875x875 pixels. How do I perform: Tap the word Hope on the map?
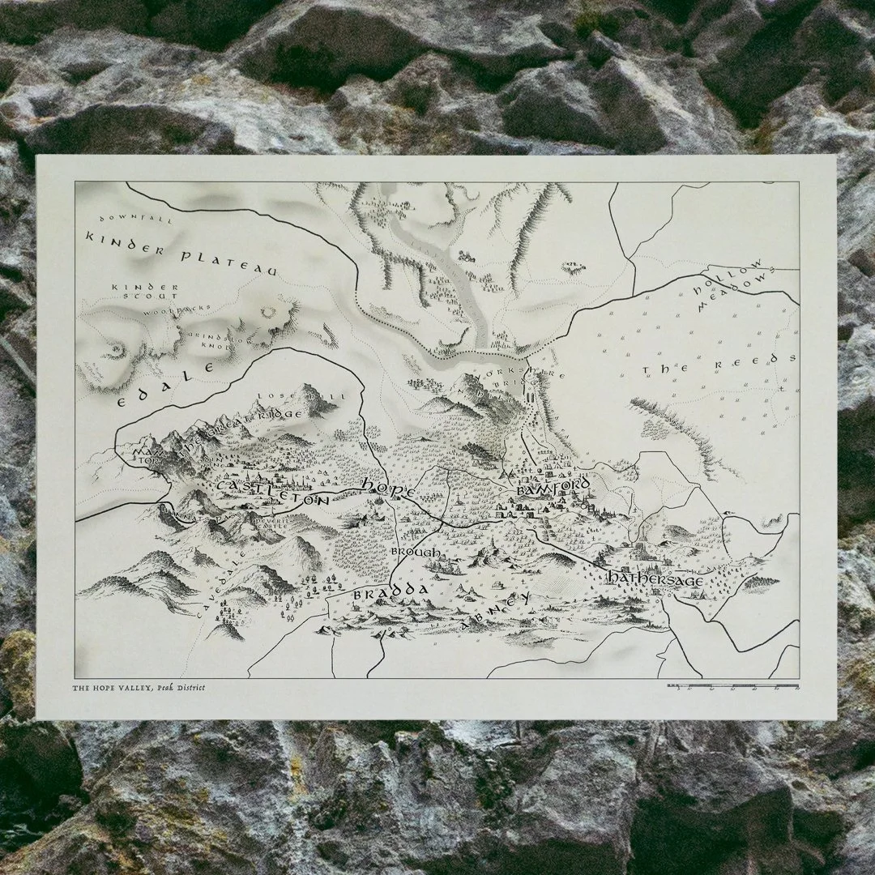[389, 489]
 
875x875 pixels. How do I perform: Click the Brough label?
[416, 553]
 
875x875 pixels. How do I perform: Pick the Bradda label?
[390, 594]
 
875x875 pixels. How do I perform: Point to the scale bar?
[732, 686]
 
